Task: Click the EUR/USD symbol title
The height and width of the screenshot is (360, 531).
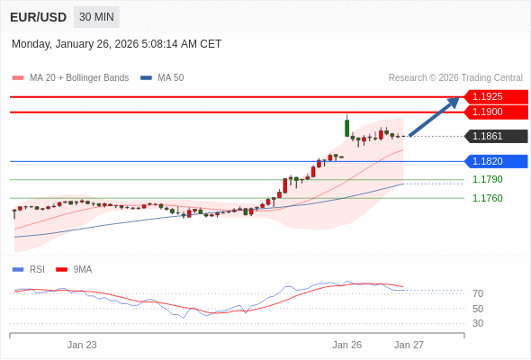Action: (38, 17)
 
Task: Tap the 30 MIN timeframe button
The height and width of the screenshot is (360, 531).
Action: (96, 17)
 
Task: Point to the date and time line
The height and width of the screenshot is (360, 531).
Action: (116, 43)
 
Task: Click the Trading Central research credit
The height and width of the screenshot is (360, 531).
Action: (455, 77)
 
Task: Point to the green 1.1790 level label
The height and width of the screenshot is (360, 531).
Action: (487, 179)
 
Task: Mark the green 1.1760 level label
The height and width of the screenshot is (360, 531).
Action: (487, 198)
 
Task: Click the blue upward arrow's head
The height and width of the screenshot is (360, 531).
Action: (454, 101)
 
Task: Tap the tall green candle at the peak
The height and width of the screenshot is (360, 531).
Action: (347, 127)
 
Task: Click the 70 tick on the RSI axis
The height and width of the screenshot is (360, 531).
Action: (478, 293)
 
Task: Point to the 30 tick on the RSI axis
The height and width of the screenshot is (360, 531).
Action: (478, 323)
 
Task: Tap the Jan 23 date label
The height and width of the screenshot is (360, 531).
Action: (82, 345)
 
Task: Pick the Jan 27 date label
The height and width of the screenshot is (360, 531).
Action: (409, 345)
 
